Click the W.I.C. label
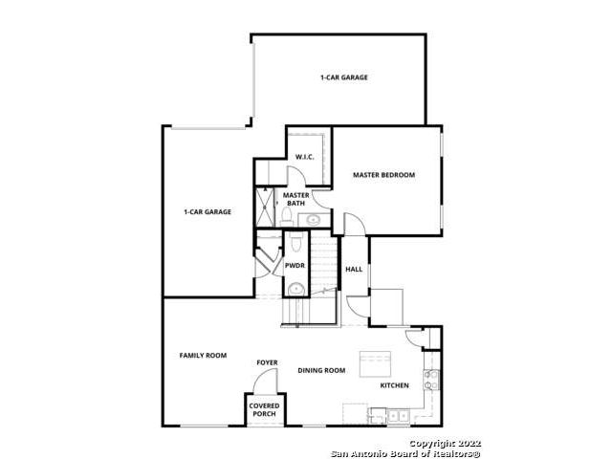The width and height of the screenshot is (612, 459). tap(304, 157)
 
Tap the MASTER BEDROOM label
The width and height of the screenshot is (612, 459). tap(383, 175)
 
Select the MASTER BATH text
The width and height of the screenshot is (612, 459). tap(295, 199)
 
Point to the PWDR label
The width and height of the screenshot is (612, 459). tap(295, 266)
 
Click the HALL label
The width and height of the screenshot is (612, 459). tap(354, 269)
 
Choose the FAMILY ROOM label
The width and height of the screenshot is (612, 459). tap(203, 355)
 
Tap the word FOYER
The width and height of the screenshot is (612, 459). tap(268, 362)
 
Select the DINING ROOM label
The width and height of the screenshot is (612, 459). tap(321, 370)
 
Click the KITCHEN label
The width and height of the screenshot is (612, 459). tap(395, 385)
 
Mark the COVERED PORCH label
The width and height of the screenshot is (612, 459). tap(264, 410)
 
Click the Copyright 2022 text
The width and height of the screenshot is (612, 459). tap(445, 444)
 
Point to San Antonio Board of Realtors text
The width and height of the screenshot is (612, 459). tap(405, 453)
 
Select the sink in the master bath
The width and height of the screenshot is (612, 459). tap(313, 220)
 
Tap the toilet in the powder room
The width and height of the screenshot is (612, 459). tap(296, 242)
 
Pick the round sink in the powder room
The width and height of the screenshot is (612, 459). tap(295, 290)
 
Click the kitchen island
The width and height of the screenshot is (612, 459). tap(375, 364)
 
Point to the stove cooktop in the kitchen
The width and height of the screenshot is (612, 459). tap(431, 380)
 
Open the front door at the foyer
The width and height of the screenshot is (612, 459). tap(266, 381)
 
